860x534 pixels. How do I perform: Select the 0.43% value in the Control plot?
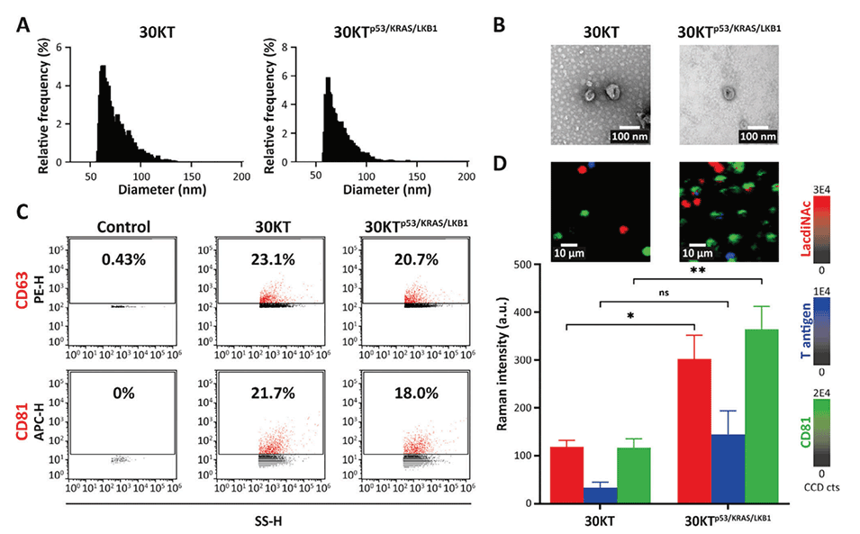pyautogui.click(x=123, y=256)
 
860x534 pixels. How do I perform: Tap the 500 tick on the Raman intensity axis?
pyautogui.click(x=519, y=264)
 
